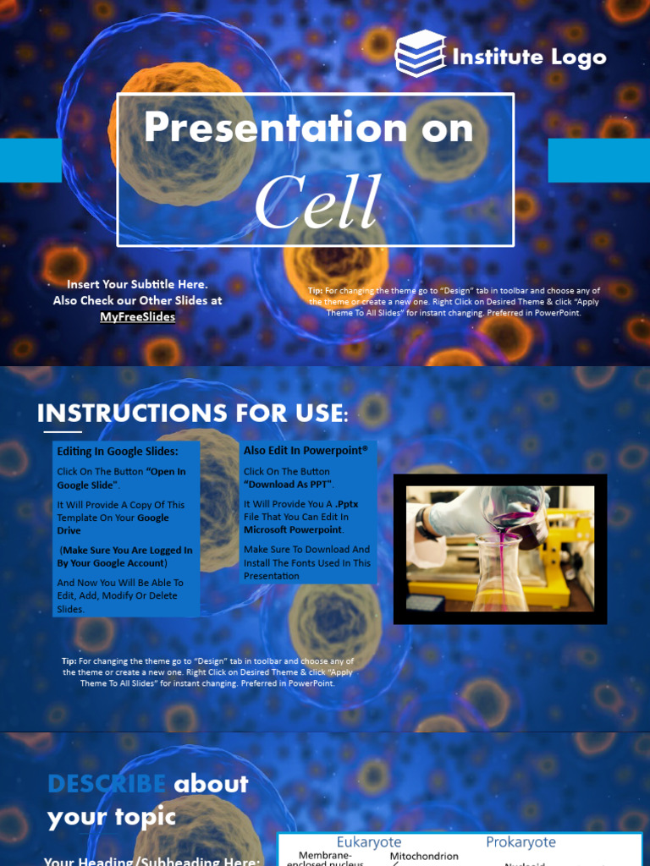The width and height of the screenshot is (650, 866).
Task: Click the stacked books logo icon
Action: click(421, 53)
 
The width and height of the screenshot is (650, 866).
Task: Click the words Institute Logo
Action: click(529, 58)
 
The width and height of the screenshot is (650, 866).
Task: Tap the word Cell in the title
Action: click(317, 204)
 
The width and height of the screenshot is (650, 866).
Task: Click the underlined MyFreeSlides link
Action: click(138, 317)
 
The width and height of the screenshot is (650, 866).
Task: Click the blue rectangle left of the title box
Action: click(30, 161)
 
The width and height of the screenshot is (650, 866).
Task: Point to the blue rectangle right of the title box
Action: click(598, 161)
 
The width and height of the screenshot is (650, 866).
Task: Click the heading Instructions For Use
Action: click(192, 414)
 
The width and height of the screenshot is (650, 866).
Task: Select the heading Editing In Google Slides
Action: click(118, 452)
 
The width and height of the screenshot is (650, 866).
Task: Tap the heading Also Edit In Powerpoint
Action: click(306, 451)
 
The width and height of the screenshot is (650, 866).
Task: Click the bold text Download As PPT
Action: click(288, 485)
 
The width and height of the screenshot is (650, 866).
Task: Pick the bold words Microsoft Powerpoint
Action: click(293, 529)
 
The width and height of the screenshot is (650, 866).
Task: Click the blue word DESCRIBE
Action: click(107, 784)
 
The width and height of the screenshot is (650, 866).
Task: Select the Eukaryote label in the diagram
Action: click(369, 842)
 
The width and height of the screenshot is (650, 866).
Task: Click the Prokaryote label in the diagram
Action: click(521, 842)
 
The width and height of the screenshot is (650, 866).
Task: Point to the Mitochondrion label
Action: click(424, 857)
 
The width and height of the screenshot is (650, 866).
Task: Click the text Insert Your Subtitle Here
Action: click(137, 285)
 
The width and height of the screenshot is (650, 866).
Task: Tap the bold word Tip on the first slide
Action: click(315, 291)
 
